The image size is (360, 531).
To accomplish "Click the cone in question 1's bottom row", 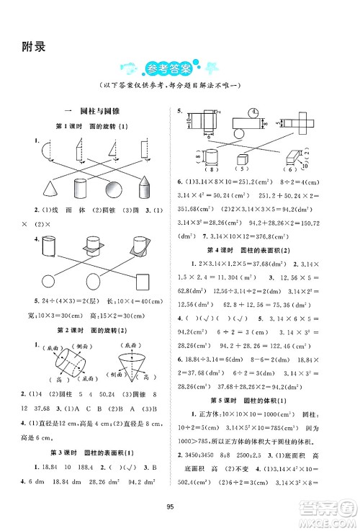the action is tap(53, 188).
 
